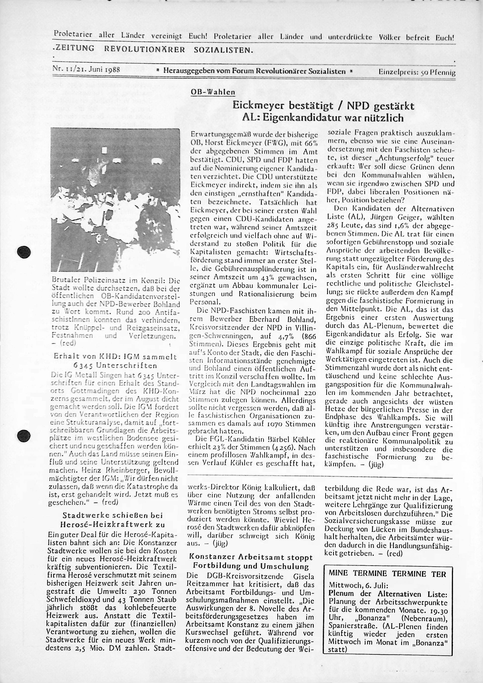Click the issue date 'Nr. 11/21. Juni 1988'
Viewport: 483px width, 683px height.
[86, 70]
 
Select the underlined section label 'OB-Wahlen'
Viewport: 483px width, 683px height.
[213, 92]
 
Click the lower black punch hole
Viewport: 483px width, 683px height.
[24, 436]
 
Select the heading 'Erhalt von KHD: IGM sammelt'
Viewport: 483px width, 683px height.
[115, 357]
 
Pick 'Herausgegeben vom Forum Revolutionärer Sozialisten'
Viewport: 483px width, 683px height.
[254, 71]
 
